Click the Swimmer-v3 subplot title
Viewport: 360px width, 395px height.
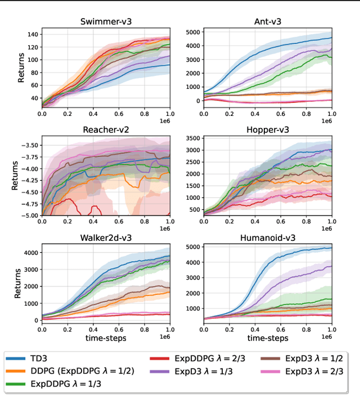click(106, 23)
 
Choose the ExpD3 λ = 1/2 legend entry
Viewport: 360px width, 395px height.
click(304, 357)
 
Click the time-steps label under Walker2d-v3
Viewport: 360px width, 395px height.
click(106, 338)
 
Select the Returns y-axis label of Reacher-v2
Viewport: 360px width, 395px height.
click(15, 176)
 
